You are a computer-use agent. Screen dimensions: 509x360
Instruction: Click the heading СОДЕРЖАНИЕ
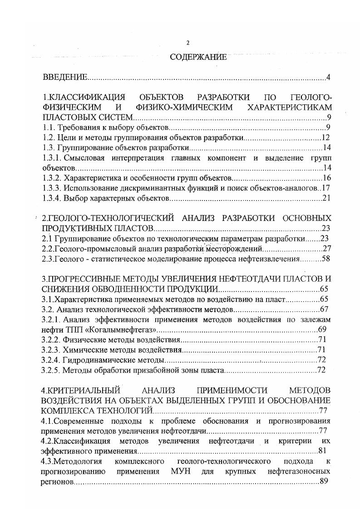pos(198,58)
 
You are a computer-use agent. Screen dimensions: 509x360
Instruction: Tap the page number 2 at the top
pos(187,43)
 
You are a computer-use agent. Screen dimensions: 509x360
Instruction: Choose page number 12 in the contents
pos(325,137)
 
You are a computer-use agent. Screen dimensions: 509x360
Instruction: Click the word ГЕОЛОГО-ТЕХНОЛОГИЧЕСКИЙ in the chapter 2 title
pos(113,217)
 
